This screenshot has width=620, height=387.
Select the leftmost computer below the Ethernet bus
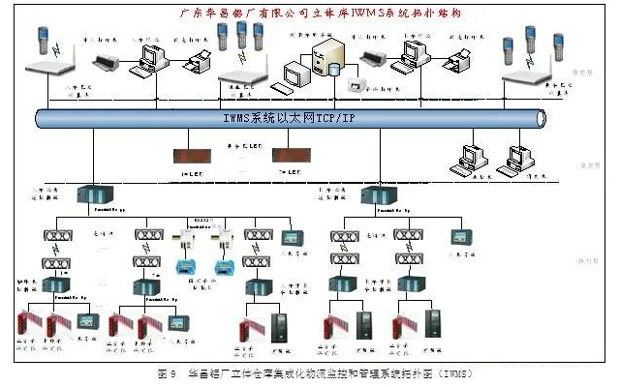tap(472, 156)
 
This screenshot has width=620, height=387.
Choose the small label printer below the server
tap(357, 86)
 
